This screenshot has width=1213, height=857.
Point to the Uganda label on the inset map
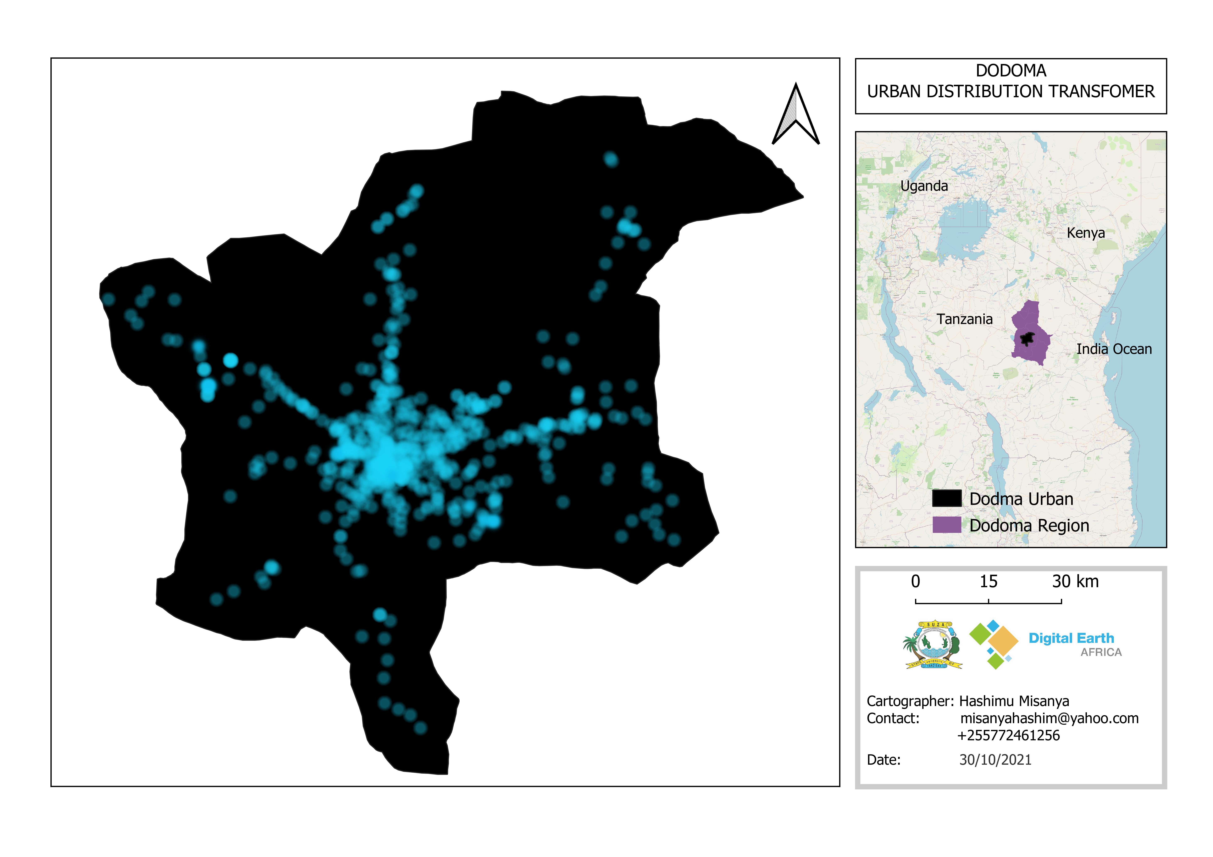click(924, 186)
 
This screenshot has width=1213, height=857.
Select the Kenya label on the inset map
click(1086, 233)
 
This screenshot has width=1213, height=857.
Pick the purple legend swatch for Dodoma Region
click(946, 525)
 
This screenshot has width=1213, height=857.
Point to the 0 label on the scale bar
click(916, 581)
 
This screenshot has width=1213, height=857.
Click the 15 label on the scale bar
click(988, 581)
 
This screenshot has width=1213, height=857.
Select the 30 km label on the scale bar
click(1075, 581)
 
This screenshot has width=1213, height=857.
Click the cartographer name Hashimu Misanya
click(1014, 701)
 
